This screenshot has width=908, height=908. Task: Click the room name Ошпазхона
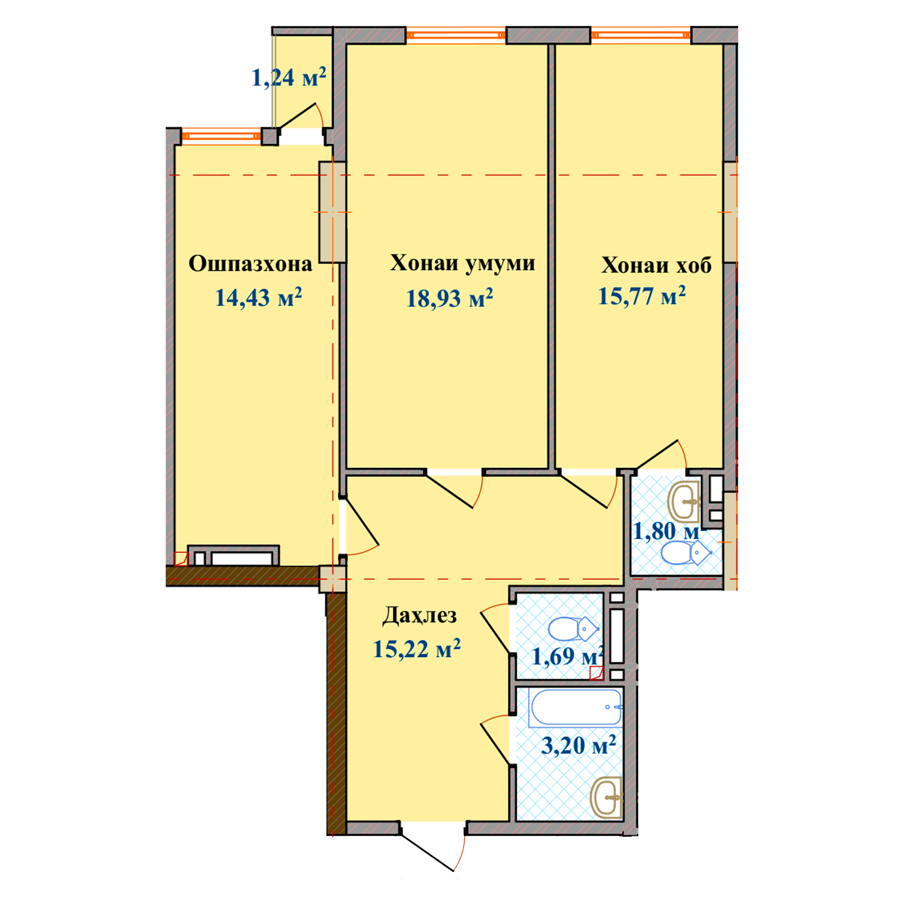(251, 264)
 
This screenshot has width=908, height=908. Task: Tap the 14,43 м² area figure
(258, 297)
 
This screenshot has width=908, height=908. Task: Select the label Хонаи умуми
(463, 264)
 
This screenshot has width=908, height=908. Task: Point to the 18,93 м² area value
(450, 298)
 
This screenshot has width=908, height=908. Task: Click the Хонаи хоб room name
(656, 265)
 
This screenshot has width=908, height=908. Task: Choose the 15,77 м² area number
(642, 296)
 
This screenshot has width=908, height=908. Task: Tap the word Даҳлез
(419, 615)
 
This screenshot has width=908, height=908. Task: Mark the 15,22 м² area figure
(416, 649)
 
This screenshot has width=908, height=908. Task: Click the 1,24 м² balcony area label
(289, 78)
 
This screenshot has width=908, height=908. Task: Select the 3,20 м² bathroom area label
(578, 745)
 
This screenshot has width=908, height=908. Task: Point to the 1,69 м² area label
(567, 656)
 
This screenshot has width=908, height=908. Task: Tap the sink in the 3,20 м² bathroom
(606, 798)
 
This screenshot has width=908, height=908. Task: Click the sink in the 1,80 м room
(684, 501)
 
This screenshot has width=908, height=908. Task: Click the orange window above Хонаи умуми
(456, 35)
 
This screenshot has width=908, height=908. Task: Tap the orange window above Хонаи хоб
(641, 35)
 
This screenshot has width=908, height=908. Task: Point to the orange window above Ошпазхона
(222, 136)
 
